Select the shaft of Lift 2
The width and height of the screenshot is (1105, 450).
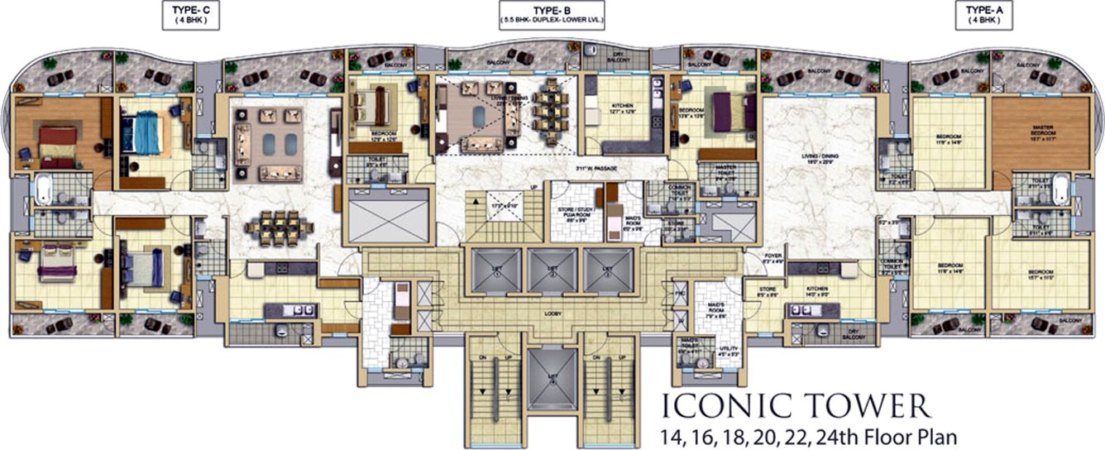coord(552,271)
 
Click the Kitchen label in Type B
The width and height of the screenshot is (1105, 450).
coord(621,108)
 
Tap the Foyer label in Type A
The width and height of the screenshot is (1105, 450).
coord(773,258)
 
